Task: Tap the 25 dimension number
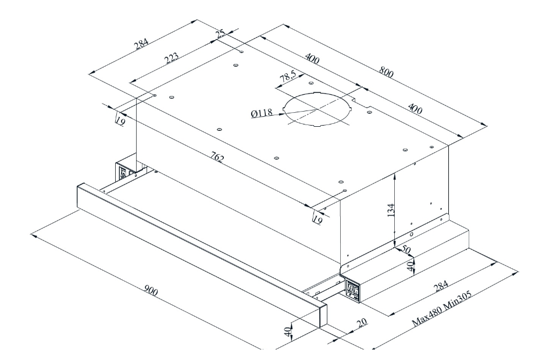(220, 34)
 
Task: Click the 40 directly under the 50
(409, 266)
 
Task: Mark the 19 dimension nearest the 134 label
(318, 219)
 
